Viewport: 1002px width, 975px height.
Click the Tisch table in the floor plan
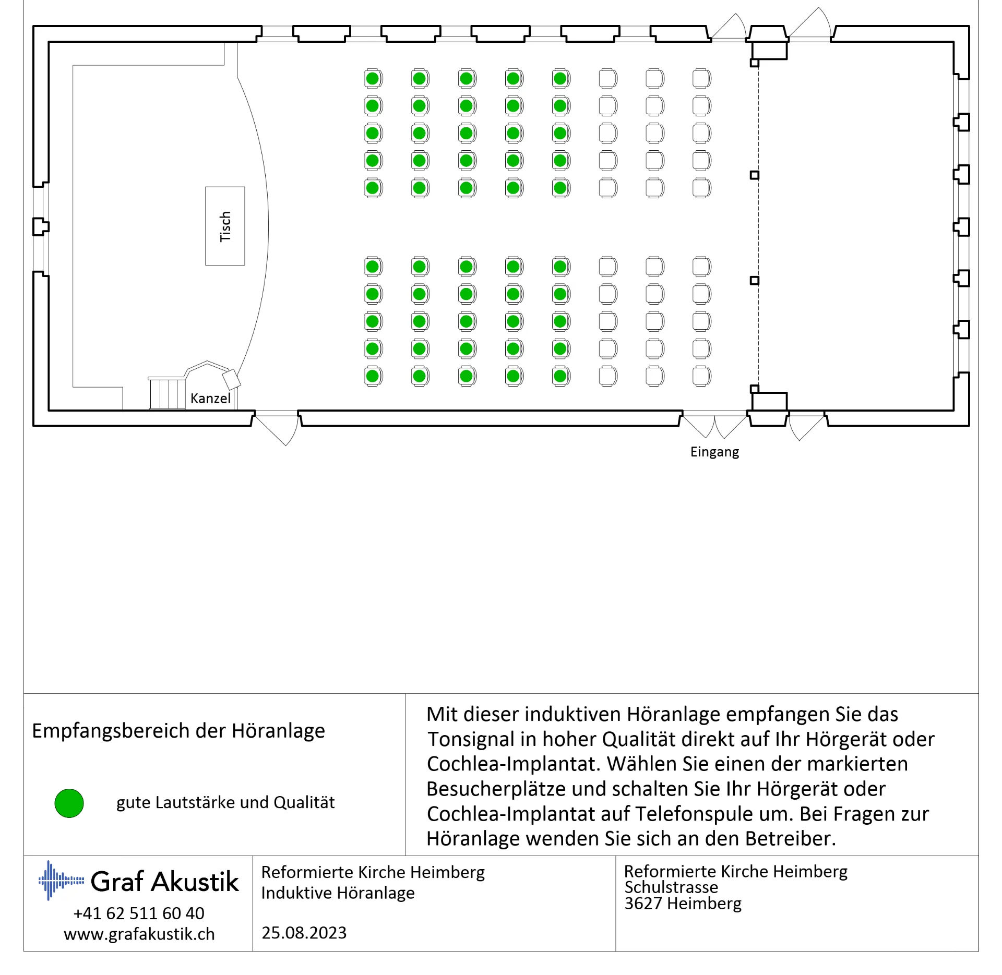pos(225,226)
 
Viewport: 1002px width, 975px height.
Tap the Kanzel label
pos(210,399)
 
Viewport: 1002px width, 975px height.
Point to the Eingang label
pos(714,452)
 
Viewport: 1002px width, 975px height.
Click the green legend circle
pos(69,803)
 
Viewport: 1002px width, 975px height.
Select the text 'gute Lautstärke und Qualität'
pos(225,802)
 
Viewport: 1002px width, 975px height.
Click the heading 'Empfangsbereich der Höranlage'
pos(178,731)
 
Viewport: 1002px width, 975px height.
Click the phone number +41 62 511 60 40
pos(139,913)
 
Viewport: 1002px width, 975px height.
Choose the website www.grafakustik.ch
pos(139,934)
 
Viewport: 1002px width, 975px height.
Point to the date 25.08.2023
pos(304,933)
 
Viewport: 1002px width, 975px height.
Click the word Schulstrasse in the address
pos(671,887)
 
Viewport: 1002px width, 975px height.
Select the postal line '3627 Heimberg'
pos(683,904)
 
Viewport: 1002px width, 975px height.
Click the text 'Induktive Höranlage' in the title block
pos(338,893)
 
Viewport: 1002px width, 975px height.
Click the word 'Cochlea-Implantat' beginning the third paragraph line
pos(514,764)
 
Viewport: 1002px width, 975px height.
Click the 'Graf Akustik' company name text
pos(165,882)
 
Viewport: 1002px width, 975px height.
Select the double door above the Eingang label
pos(714,425)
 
